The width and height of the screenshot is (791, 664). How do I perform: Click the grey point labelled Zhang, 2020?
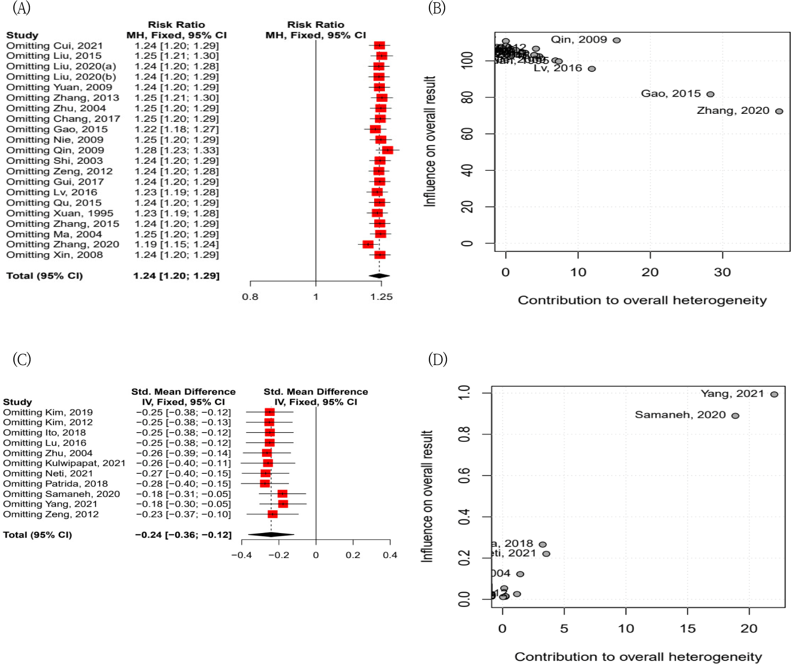click(779, 111)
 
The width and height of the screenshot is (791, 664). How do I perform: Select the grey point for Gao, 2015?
click(710, 94)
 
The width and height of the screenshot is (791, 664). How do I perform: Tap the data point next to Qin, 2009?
click(616, 40)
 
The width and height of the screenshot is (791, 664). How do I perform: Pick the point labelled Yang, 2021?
click(774, 394)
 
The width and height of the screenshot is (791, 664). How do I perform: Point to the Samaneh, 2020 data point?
click(735, 416)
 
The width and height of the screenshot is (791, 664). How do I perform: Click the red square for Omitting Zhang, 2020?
click(368, 244)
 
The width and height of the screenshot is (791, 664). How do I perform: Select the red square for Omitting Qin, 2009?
click(388, 150)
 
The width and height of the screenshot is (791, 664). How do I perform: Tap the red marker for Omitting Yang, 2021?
click(283, 504)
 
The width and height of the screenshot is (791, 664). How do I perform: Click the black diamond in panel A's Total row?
click(379, 276)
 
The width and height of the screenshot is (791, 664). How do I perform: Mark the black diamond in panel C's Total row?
click(271, 535)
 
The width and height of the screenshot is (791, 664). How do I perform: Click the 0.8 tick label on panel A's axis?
click(250, 297)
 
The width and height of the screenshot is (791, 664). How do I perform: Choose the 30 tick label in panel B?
click(722, 273)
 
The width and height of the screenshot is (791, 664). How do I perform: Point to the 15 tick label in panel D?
click(688, 629)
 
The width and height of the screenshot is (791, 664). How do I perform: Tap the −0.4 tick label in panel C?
click(241, 555)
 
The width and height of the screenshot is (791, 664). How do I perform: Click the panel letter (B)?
click(437, 8)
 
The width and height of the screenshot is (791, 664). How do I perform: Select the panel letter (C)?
click(22, 359)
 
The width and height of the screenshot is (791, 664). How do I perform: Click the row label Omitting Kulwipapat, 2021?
click(64, 463)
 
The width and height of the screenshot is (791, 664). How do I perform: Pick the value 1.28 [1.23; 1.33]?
click(176, 150)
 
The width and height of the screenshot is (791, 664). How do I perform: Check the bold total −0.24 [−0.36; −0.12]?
click(183, 535)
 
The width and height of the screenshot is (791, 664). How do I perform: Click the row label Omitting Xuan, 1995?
click(60, 213)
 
